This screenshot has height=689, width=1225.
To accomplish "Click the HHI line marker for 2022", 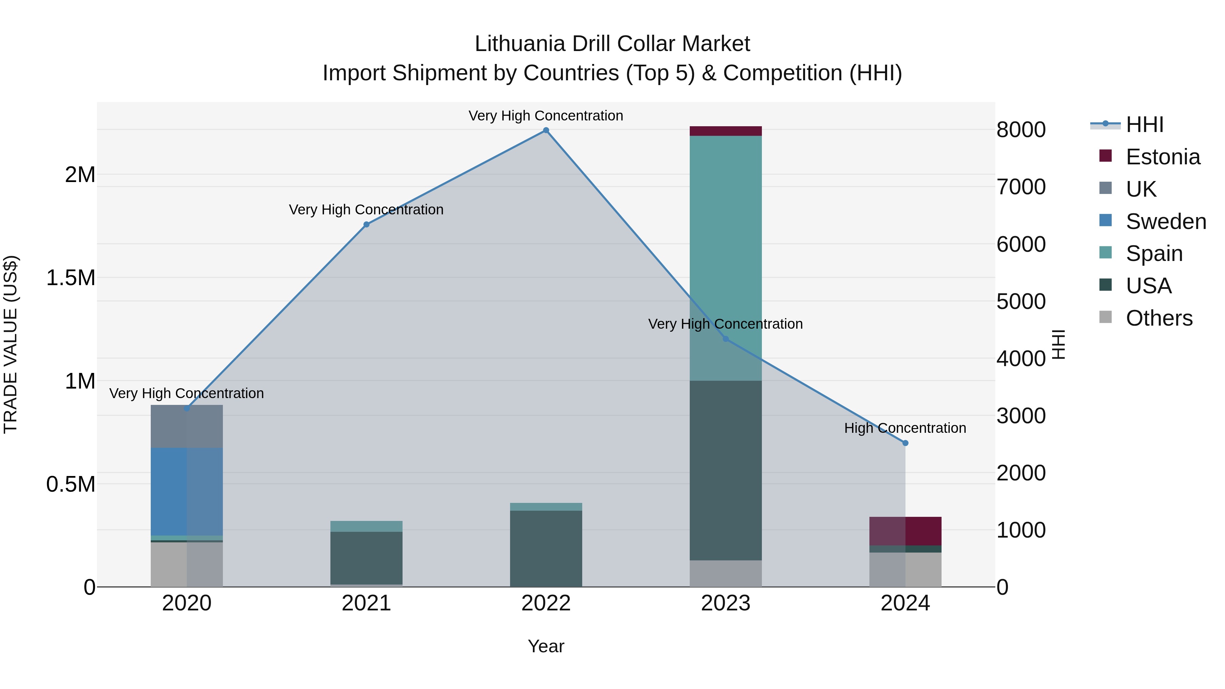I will [546, 130].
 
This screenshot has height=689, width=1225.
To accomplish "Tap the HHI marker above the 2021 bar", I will [366, 225].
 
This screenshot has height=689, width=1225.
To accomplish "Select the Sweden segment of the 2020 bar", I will [186, 492].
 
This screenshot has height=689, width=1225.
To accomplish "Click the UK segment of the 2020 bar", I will [186, 426].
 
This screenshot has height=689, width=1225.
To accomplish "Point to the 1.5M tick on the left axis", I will [71, 278].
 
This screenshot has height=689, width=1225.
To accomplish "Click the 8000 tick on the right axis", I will [1021, 130].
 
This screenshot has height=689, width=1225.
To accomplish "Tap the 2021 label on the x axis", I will [366, 603].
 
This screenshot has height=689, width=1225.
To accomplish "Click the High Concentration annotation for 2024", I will [905, 428].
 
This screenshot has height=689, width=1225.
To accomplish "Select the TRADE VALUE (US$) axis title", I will [11, 344].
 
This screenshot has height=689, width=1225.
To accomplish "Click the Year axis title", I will [546, 646].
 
